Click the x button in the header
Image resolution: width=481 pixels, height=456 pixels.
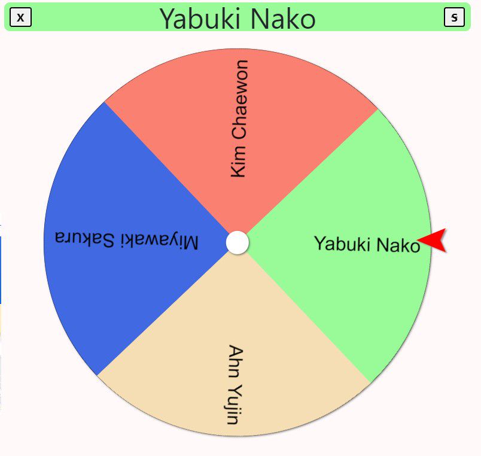click(21, 17)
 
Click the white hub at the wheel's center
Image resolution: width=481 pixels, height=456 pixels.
click(238, 242)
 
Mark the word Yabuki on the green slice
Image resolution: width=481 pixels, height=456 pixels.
click(339, 244)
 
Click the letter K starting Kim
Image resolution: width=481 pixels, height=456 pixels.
click(238, 171)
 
